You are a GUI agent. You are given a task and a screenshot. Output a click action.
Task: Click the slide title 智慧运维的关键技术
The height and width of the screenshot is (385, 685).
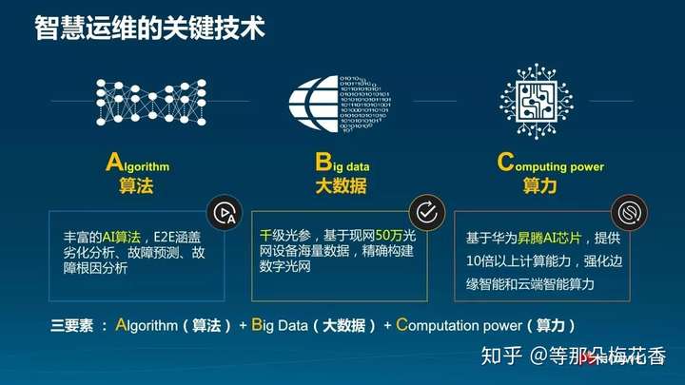point(150,29)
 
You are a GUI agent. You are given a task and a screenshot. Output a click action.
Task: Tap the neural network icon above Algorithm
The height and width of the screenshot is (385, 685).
point(150,102)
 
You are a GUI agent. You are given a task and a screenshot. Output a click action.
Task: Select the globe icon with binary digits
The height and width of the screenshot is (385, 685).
point(340,104)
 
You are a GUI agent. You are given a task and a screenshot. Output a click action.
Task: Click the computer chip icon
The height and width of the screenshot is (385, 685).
point(537,102)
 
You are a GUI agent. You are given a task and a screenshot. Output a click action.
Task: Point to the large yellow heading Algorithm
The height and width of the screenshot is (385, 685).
point(137,163)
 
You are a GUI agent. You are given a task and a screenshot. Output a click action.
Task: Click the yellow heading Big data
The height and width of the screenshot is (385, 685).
point(342,163)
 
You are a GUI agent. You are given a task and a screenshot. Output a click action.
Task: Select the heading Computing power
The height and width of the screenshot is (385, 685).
point(551,163)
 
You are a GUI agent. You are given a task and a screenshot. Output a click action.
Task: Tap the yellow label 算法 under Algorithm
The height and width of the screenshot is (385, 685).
point(136,186)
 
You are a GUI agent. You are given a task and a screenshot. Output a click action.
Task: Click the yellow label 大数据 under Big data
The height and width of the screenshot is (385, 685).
point(342,186)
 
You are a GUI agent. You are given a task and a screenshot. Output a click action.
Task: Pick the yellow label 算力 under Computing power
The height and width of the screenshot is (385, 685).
point(540,186)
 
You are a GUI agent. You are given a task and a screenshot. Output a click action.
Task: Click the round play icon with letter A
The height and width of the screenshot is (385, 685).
point(225,213)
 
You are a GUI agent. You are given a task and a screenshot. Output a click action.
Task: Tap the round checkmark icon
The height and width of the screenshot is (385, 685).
point(427,213)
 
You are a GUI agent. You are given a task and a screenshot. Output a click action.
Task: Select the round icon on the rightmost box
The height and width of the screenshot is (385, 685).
point(630,213)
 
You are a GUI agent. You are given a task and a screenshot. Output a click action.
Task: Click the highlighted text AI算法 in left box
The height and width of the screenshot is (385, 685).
point(122,237)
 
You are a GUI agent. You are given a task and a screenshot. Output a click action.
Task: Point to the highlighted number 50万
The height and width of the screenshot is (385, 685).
point(389,236)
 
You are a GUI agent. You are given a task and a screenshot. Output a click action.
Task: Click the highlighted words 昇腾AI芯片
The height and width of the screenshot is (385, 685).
point(549,238)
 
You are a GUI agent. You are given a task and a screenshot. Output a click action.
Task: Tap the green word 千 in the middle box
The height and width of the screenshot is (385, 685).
point(265,236)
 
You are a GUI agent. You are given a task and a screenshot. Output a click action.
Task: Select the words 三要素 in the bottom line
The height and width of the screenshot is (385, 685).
point(71,326)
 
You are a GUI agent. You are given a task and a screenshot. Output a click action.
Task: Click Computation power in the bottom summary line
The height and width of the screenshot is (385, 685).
point(459,325)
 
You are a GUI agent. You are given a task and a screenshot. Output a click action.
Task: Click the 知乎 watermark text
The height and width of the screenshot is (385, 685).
point(501,356)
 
